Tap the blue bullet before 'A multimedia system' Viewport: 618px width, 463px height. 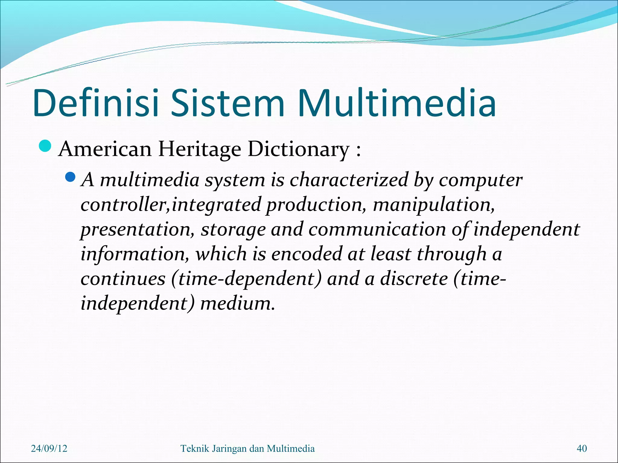(x=70, y=177)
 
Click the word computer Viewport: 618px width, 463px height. (x=480, y=181)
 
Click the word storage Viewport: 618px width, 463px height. (x=233, y=230)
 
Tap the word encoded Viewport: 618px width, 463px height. (x=307, y=254)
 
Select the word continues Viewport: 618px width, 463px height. (x=123, y=279)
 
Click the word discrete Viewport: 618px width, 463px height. (x=414, y=279)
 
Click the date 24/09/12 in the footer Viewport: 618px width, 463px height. (x=49, y=449)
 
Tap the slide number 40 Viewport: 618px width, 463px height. (x=581, y=449)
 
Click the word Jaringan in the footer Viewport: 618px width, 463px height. (x=229, y=449)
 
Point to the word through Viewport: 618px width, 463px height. (x=452, y=254)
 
